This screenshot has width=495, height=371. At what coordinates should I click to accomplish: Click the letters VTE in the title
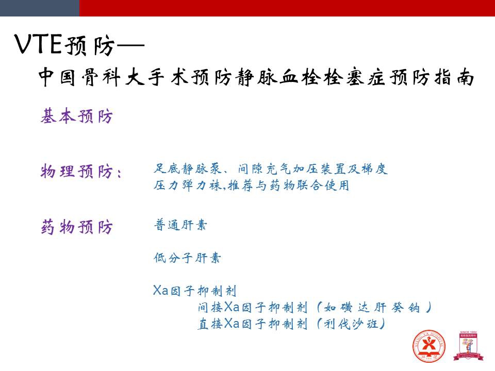tap(38, 44)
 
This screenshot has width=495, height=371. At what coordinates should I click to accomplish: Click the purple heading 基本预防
tap(76, 116)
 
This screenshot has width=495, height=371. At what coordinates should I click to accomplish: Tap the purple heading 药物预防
tap(76, 227)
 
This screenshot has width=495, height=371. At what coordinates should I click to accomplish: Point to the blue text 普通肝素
tap(180, 225)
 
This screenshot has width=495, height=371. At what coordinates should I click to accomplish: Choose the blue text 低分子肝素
tap(187, 258)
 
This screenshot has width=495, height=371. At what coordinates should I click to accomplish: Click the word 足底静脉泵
tap(188, 169)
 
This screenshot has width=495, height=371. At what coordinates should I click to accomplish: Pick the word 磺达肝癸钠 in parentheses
tap(372, 307)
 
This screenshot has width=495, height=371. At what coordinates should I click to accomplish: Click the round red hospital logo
tap(428, 346)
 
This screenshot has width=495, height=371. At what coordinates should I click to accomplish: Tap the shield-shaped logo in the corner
tap(468, 346)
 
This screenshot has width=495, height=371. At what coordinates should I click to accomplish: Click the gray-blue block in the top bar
tap(40, 8)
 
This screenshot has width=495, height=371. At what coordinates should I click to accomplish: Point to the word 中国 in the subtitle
tap(57, 77)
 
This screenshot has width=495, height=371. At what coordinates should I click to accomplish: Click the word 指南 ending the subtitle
tap(454, 77)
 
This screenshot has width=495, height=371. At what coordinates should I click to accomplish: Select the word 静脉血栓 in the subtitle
tap(278, 77)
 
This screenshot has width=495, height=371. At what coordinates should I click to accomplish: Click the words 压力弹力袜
tap(188, 185)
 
